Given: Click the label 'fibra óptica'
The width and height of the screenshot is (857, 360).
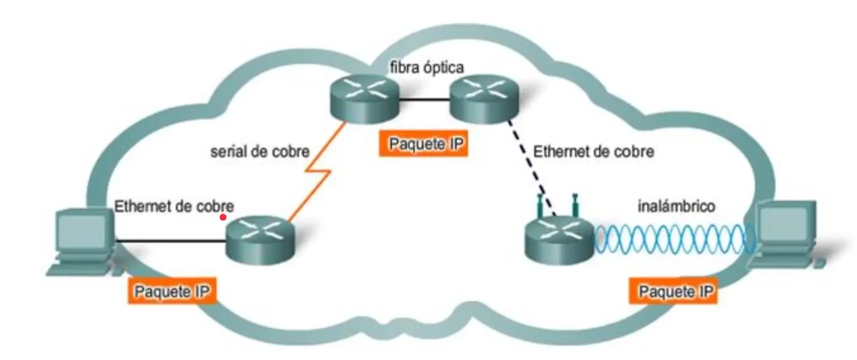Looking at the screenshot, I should click(426, 68).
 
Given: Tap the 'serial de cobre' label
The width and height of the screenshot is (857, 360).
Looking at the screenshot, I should click(260, 152).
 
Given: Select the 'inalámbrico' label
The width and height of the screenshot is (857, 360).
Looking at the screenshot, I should click(676, 206).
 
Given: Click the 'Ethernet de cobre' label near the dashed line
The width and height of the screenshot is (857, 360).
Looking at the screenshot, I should click(593, 152).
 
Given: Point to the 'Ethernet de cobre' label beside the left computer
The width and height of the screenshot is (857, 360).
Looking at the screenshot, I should click(174, 206).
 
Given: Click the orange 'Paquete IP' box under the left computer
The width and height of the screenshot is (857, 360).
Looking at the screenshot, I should click(172, 291).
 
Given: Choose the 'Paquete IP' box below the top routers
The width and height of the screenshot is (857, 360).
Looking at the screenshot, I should click(424, 144).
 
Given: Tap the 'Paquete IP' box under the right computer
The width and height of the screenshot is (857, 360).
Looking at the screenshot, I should click(673, 291).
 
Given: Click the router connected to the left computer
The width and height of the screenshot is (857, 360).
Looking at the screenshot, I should click(260, 240).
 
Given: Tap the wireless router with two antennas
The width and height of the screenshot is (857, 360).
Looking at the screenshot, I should click(559, 240).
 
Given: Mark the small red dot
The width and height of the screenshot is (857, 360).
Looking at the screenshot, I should click(223, 217).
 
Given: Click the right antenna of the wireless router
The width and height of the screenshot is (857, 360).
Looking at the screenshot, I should click(575, 205).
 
